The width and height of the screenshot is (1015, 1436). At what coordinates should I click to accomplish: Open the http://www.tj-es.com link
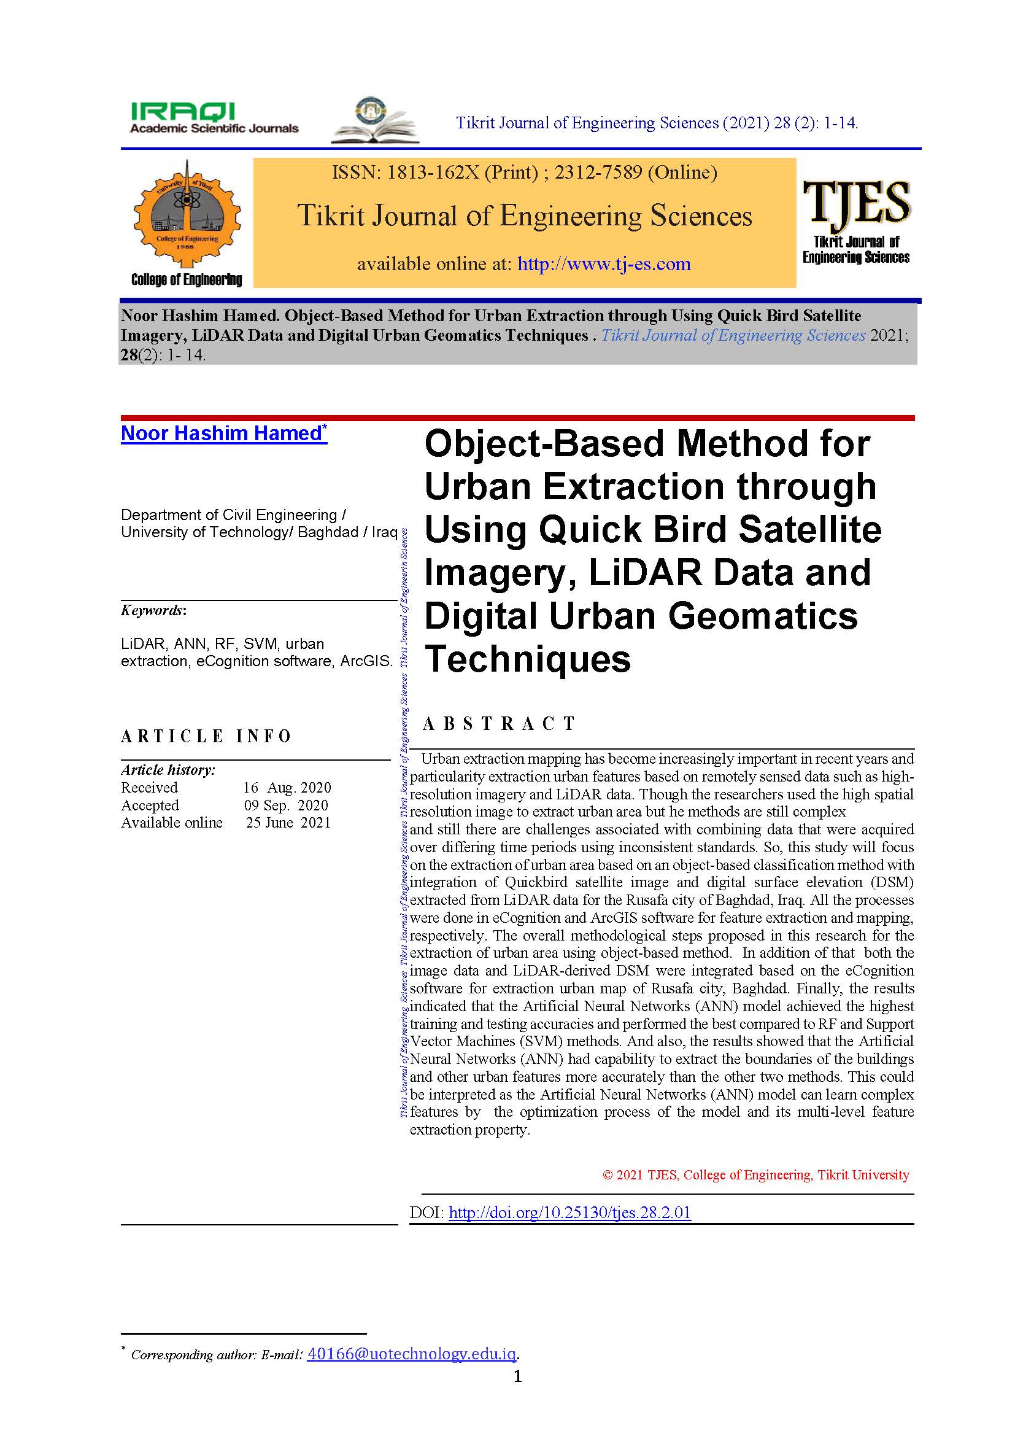tap(604, 264)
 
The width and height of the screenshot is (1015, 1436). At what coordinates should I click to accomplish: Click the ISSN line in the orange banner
tap(524, 172)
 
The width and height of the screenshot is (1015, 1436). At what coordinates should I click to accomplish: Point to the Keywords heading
tap(153, 610)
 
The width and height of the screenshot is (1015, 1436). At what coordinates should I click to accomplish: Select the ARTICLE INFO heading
tap(206, 736)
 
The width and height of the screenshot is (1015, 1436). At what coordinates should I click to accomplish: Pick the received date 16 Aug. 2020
tap(287, 788)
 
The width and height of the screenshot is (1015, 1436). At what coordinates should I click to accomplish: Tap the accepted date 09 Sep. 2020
tap(285, 805)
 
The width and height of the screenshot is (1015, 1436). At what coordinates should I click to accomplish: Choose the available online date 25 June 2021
tap(287, 823)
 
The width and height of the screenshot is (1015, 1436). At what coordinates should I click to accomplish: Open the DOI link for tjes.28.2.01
tap(569, 1213)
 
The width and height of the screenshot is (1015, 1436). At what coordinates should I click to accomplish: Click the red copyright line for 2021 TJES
tap(755, 1174)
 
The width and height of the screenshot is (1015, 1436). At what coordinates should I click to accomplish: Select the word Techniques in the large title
tap(528, 659)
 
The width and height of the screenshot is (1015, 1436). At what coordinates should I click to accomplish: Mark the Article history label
tap(168, 770)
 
